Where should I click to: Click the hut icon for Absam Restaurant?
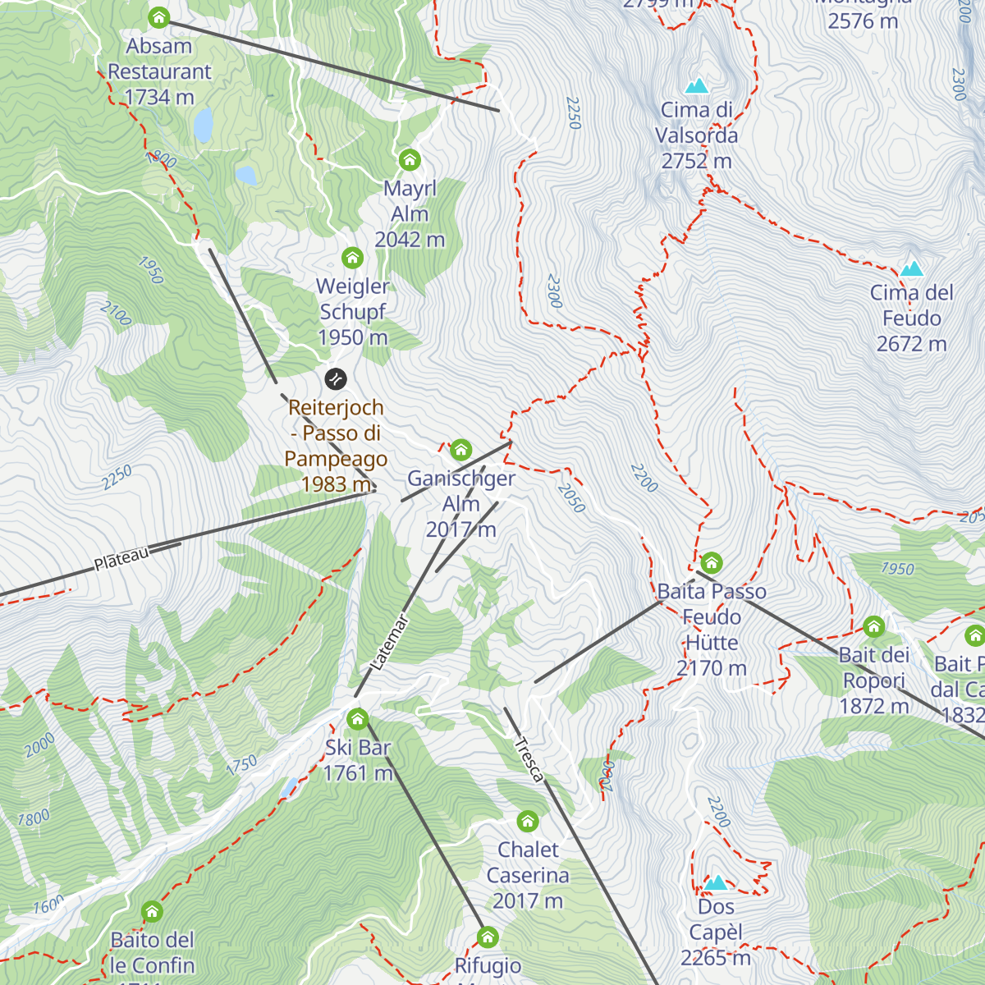(158, 17)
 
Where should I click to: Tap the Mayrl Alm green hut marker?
(410, 159)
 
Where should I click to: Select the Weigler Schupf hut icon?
(352, 258)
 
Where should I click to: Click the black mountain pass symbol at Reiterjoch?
(336, 378)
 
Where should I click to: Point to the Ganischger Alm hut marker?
(461, 449)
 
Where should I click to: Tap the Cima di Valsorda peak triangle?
(697, 85)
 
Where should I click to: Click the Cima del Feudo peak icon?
(911, 269)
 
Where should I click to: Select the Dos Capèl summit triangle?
(717, 883)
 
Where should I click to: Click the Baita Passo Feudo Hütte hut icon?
(712, 563)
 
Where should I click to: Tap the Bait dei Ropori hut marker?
(873, 627)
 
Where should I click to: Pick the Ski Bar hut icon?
(357, 719)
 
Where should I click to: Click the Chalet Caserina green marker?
(528, 821)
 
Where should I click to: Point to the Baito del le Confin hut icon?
(152, 911)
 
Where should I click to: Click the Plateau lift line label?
(121, 559)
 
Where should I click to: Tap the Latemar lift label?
(389, 643)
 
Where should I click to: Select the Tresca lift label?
(529, 759)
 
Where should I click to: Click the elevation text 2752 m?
(696, 162)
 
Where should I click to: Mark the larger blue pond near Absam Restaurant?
(203, 125)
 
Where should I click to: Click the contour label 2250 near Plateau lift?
(117, 478)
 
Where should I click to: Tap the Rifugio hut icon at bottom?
(488, 937)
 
